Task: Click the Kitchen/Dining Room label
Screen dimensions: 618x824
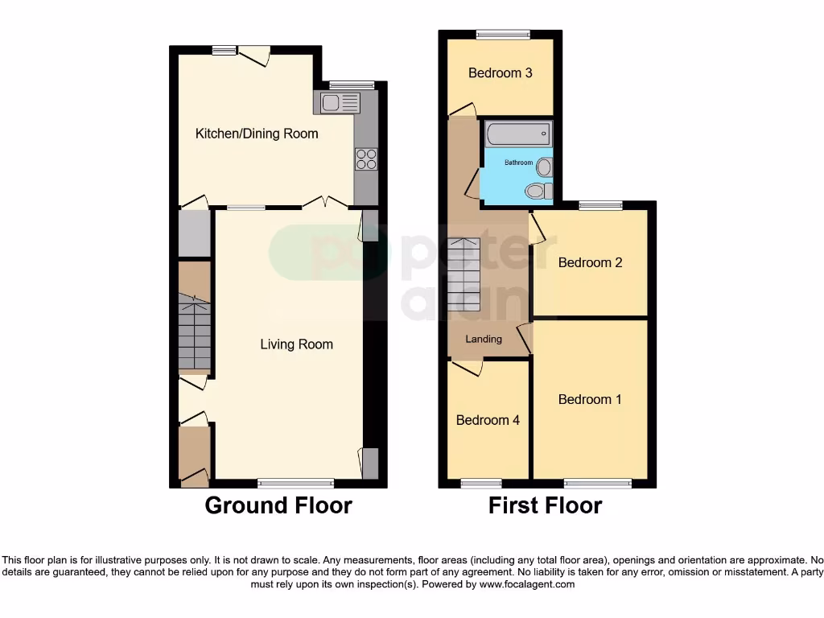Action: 257,134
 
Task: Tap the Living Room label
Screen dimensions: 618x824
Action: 296,344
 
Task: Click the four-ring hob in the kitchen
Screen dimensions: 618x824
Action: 366,159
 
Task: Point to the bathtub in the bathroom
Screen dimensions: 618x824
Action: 518,134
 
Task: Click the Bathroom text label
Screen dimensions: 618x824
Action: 518,163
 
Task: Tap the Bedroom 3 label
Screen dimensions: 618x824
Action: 501,73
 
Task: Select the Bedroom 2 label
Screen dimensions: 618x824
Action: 590,262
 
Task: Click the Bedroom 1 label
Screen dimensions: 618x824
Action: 590,399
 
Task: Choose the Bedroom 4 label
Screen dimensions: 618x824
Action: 488,420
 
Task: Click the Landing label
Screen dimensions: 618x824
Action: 484,339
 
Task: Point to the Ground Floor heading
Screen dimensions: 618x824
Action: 278,505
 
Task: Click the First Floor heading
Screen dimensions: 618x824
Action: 545,505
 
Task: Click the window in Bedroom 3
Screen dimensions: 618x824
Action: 503,34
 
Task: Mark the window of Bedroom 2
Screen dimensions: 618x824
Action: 599,205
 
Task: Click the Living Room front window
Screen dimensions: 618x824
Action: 295,484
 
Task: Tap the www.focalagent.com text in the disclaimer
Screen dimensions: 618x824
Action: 526,584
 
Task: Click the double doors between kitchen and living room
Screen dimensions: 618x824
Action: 326,202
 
